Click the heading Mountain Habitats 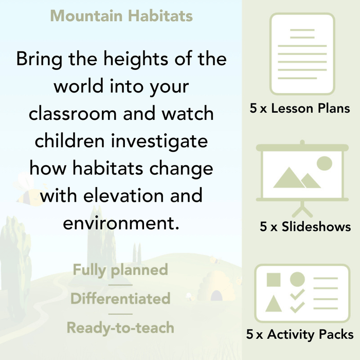[x=121, y=15]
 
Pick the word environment [x=121, y=223]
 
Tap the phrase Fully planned [x=120, y=270]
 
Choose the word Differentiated [x=120, y=299]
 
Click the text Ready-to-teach [x=120, y=328]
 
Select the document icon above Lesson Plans [x=302, y=54]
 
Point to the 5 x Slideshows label [x=305, y=227]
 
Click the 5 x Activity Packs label [x=300, y=335]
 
